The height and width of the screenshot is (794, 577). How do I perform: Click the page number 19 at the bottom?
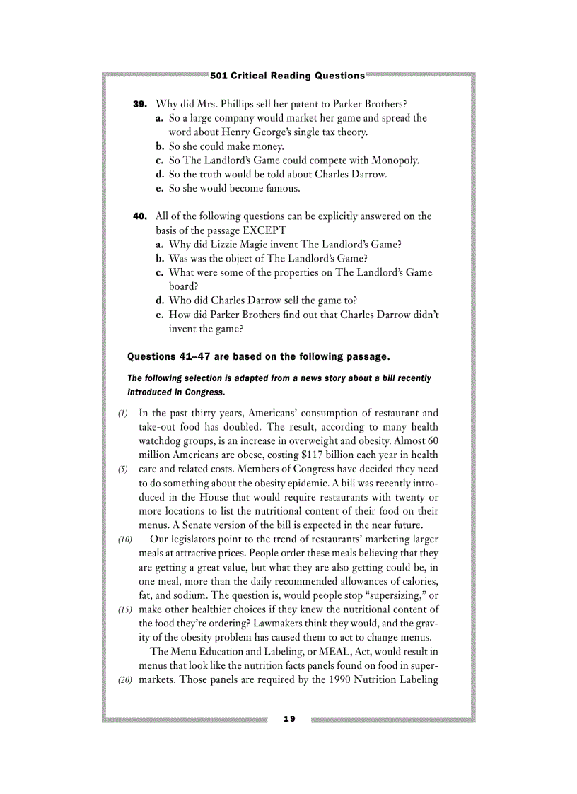click(x=288, y=719)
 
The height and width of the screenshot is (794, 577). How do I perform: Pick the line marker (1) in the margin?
click(x=123, y=413)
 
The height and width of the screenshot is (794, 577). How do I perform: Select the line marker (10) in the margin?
click(x=124, y=539)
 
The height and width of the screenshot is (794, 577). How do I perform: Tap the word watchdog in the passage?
click(x=161, y=440)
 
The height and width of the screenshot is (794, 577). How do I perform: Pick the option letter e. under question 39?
click(x=160, y=189)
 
